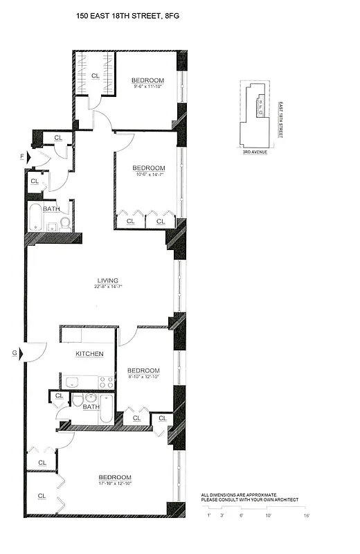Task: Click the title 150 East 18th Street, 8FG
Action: coord(131,23)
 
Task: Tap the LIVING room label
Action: coord(107,280)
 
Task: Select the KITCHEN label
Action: coord(90,354)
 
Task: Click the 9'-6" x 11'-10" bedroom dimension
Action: coord(148,87)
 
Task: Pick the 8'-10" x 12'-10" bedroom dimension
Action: coord(144,377)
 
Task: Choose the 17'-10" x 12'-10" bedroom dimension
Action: coord(114,484)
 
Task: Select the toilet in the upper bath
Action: coord(64,222)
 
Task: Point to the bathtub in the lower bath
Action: coord(105,410)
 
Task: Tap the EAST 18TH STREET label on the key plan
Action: coord(280,120)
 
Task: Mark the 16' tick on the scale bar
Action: coord(306,515)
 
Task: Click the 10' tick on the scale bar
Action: coord(267,515)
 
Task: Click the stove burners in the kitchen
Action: coord(106,381)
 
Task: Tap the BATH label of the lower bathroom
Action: coord(91,407)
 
